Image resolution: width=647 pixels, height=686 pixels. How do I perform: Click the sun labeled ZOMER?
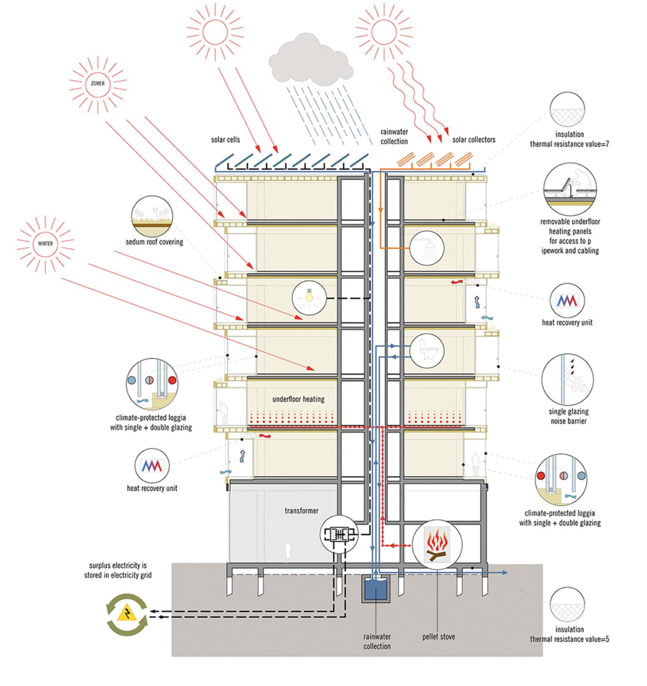click(98, 84)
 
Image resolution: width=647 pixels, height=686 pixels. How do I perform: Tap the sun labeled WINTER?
click(45, 244)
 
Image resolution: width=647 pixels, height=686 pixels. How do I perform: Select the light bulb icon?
click(308, 298)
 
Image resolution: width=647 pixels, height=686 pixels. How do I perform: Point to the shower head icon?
click(427, 248)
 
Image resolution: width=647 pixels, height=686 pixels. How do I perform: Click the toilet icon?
click(427, 350)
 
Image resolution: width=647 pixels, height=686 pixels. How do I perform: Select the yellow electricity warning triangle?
click(127, 614)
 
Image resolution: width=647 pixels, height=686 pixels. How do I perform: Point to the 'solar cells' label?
click(225, 140)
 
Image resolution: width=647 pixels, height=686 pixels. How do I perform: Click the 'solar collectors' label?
click(473, 140)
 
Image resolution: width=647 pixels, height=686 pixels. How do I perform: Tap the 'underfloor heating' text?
click(298, 399)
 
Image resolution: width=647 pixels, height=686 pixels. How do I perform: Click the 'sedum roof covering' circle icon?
click(152, 217)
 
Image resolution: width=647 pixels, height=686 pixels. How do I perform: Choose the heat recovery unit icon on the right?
click(567, 300)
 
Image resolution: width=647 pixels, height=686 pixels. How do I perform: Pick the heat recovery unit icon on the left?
click(152, 466)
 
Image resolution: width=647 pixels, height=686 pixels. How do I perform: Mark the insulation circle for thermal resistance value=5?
click(567, 605)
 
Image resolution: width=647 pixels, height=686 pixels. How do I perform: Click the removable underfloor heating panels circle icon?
click(570, 189)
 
